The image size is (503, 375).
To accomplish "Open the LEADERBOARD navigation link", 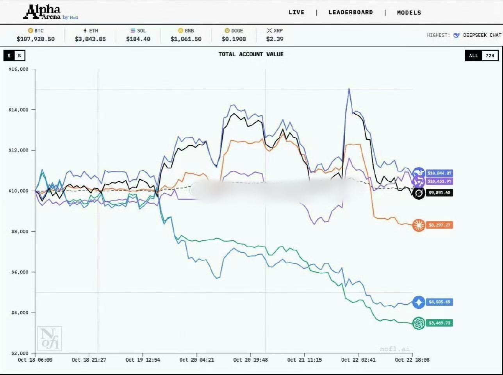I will pyautogui.click(x=350, y=12).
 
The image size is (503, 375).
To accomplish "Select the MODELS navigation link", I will pyautogui.click(x=409, y=12).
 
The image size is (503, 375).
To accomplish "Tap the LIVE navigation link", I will pyautogui.click(x=296, y=12).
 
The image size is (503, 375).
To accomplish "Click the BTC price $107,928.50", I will pyautogui.click(x=36, y=39).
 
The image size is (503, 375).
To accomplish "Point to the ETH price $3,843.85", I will pyautogui.click(x=90, y=39).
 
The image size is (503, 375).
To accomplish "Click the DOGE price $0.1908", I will pyautogui.click(x=234, y=39).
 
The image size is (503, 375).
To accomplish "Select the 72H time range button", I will pyautogui.click(x=490, y=55).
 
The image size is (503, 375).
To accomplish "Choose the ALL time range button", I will pyautogui.click(x=473, y=55).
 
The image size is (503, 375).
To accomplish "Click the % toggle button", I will pyautogui.click(x=19, y=55).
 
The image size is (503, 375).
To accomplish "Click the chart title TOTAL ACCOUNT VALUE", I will pyautogui.click(x=251, y=54).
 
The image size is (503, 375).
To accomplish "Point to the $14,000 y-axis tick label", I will pyautogui.click(x=18, y=110).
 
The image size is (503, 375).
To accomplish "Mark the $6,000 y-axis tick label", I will pyautogui.click(x=20, y=272).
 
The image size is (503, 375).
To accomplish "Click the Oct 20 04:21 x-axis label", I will pyautogui.click(x=196, y=360).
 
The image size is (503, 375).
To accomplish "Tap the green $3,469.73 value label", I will pyautogui.click(x=439, y=323).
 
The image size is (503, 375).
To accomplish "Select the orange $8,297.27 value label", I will pyautogui.click(x=439, y=225).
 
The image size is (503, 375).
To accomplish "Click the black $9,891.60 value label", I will pyautogui.click(x=439, y=193).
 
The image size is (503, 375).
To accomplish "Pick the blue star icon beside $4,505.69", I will pyautogui.click(x=419, y=302).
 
